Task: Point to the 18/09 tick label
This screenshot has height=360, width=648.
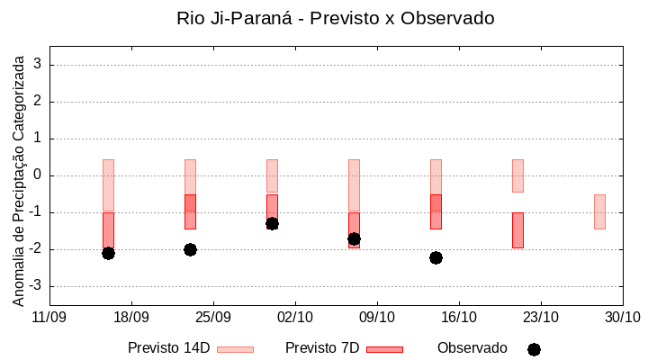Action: click(x=131, y=317)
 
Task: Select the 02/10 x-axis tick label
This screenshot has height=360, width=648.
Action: click(x=295, y=317)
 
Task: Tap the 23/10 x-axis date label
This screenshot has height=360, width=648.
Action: click(x=541, y=317)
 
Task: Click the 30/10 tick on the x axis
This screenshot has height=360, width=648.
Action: click(x=622, y=317)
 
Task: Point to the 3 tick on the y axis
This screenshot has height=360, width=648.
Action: click(x=39, y=65)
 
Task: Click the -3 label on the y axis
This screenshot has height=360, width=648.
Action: click(x=36, y=286)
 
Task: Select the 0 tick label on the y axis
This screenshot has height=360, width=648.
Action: click(x=39, y=175)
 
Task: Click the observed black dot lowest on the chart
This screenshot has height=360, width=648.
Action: click(x=436, y=257)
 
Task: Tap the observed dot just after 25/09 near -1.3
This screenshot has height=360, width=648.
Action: click(x=272, y=223)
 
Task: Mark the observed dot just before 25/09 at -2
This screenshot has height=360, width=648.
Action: click(x=190, y=249)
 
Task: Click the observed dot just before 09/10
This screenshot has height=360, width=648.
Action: click(x=354, y=238)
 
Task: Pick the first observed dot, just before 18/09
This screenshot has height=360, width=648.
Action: click(x=108, y=253)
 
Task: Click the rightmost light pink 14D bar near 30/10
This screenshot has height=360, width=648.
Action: click(x=599, y=211)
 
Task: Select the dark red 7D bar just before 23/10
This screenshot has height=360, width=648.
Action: click(x=517, y=229)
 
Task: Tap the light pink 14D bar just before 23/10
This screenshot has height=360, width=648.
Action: click(x=517, y=175)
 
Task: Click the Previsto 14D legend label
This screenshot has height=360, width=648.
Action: click(x=169, y=348)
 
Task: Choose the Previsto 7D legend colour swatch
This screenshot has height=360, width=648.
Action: click(x=385, y=349)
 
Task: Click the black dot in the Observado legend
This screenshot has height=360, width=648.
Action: click(x=534, y=349)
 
